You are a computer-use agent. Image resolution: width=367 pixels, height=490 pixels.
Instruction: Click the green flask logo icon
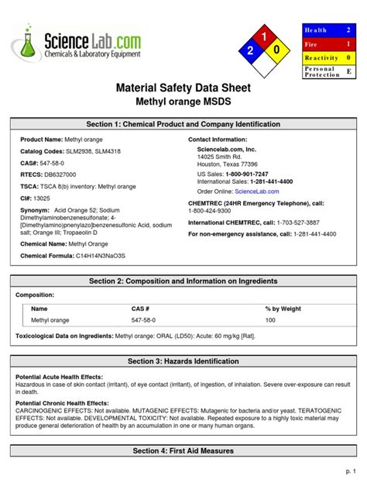pyautogui.click(x=29, y=43)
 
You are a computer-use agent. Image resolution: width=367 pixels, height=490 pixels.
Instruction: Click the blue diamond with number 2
pyautogui.click(x=250, y=50)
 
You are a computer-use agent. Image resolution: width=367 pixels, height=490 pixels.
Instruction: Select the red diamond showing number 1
pyautogui.click(x=264, y=36)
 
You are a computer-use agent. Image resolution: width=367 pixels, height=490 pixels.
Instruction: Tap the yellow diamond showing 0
pyautogui.click(x=278, y=50)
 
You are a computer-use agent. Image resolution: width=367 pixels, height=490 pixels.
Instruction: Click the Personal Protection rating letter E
pyautogui.click(x=348, y=71)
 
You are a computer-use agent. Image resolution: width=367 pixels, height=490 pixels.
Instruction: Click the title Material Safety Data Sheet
pyautogui.click(x=183, y=88)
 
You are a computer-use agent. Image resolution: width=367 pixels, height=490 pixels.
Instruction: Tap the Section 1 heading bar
pyautogui.click(x=183, y=125)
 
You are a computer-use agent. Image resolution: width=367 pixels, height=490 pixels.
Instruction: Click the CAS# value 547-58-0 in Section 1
pyautogui.click(x=53, y=164)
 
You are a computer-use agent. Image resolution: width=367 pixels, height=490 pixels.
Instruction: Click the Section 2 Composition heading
pyautogui.click(x=183, y=281)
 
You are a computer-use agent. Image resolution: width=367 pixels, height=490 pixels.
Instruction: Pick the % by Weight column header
pyautogui.click(x=283, y=309)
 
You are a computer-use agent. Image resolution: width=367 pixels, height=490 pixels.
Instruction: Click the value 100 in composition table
pyautogui.click(x=270, y=319)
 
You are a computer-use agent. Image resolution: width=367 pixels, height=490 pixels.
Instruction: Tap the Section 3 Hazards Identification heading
pyautogui.click(x=183, y=361)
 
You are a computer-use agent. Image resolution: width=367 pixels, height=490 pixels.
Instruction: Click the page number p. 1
pyautogui.click(x=350, y=471)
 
